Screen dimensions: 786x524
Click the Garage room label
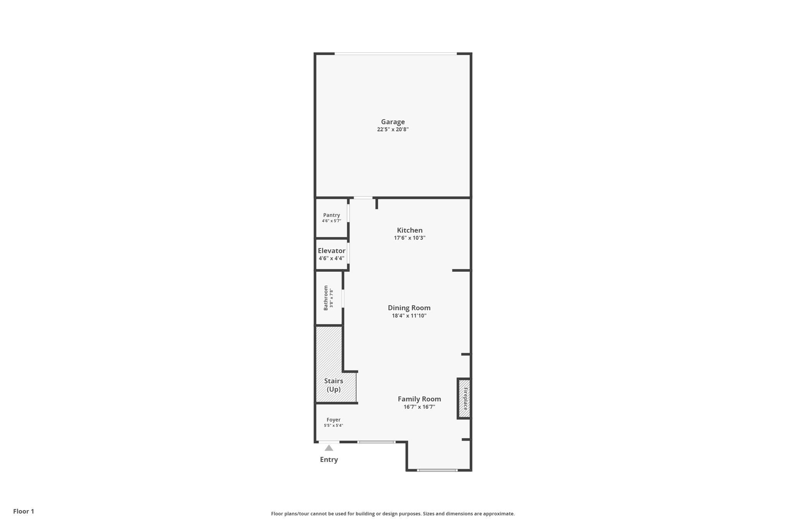point(393,122)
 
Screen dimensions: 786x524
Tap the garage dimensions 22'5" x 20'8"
point(393,129)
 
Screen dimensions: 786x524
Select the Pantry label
point(332,215)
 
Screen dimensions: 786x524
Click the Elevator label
point(332,251)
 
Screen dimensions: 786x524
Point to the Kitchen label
point(410,230)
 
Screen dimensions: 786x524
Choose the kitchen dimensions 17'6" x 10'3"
point(410,238)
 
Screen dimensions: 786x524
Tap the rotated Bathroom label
point(326,298)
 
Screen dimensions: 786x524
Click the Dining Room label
point(409,308)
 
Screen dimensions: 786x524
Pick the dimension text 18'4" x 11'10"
point(409,316)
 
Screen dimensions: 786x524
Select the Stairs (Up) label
point(334,385)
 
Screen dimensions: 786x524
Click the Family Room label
point(419,399)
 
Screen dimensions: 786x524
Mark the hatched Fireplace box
point(464,398)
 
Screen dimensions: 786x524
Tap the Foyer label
point(334,420)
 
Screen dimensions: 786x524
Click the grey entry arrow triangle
point(329,448)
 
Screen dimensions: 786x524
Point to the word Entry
point(329,460)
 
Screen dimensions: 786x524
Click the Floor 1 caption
point(24,511)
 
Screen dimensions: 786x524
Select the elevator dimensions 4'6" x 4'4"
point(332,258)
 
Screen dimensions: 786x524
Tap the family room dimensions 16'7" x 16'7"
point(419,407)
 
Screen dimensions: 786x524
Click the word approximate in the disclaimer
point(499,514)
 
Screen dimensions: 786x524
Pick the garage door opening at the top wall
point(396,53)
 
